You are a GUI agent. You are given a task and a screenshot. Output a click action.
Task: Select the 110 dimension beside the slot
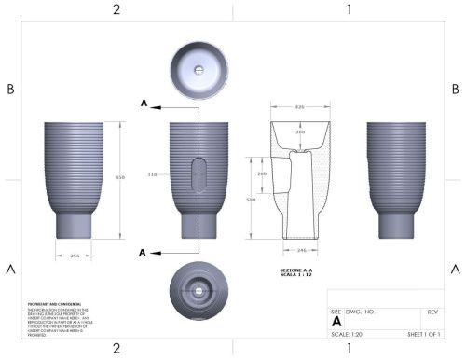pos(152,174)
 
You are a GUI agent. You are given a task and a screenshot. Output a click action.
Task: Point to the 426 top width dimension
pos(300,108)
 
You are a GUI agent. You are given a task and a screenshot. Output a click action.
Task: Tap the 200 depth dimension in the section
pos(300,133)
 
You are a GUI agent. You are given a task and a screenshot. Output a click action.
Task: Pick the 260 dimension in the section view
pos(262,173)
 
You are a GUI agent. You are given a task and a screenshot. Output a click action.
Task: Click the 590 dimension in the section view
pos(262,200)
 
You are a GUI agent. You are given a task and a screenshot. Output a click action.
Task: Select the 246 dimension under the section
pos(300,251)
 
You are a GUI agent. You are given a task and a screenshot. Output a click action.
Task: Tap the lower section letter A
pos(143,252)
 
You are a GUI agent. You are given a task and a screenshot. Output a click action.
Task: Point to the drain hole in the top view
pos(199,70)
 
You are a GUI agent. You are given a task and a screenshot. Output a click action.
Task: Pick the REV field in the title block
pos(432,312)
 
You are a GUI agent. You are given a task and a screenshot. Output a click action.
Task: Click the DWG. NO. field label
pos(360,312)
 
